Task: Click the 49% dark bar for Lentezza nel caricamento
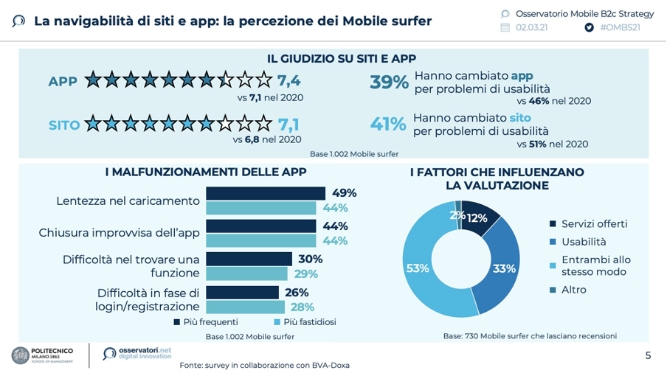tap(265, 193)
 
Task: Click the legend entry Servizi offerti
tap(594, 223)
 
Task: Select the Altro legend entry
tap(573, 290)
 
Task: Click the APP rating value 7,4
tap(289, 80)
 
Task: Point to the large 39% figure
tap(389, 83)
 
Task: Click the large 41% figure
tap(388, 124)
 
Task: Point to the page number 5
tap(648, 355)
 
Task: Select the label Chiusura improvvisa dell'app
tap(119, 233)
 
